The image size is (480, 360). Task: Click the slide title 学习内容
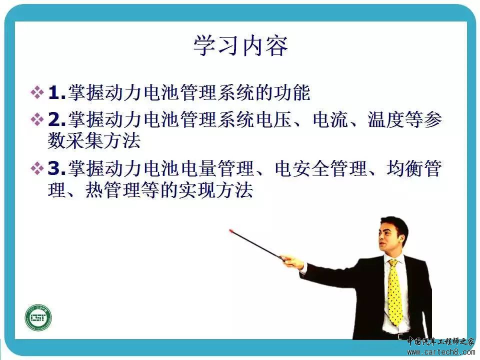(240, 45)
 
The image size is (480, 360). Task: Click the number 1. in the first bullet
(57, 92)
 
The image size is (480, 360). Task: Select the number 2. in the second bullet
(57, 119)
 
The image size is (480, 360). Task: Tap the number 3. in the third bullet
(57, 168)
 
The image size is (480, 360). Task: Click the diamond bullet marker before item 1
(37, 92)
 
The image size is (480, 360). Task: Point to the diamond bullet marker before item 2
(37, 119)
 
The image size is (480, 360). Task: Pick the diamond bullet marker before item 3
(37, 168)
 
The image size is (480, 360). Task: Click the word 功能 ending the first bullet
(292, 92)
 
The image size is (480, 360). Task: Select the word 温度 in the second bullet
(385, 119)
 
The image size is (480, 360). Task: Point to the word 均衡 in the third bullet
(404, 168)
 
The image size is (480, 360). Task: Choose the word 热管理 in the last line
(112, 190)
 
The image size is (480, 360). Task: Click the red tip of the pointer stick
(231, 231)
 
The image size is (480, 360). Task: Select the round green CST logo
(38, 317)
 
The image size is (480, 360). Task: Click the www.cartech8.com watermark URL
(441, 351)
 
